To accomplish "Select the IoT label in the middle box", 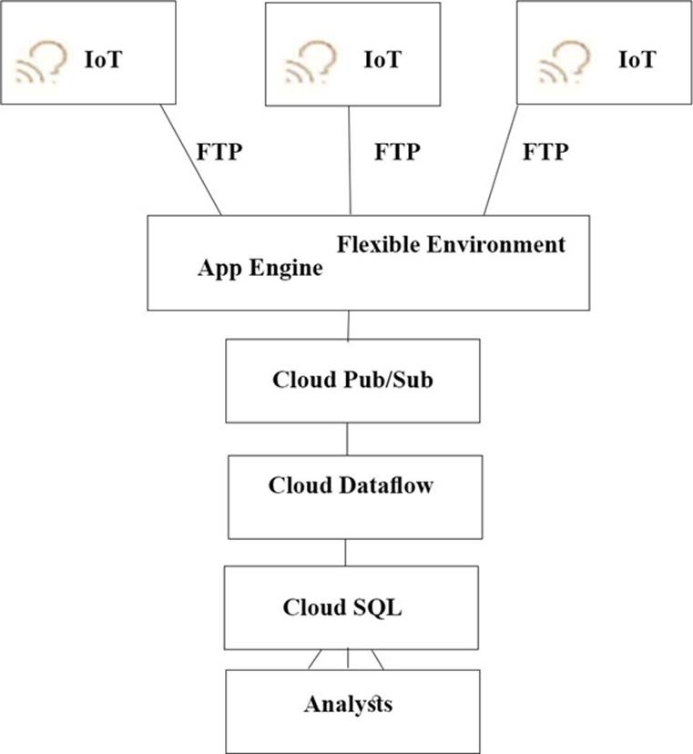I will (x=382, y=61).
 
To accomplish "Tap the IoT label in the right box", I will (x=637, y=61).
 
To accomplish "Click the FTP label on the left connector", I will (x=219, y=151).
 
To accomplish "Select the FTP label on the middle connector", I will (x=397, y=151).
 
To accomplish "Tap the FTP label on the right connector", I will (x=545, y=151).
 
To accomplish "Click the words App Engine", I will (x=260, y=269).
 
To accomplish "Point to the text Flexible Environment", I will (x=451, y=245).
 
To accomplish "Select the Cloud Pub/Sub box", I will (x=352, y=380).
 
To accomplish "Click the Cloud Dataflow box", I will (x=351, y=497).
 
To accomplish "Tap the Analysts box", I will (x=352, y=710).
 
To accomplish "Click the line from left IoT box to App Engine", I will (x=191, y=160).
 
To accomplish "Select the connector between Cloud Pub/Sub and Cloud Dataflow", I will (x=347, y=439).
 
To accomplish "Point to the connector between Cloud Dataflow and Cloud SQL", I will (x=346, y=552).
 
